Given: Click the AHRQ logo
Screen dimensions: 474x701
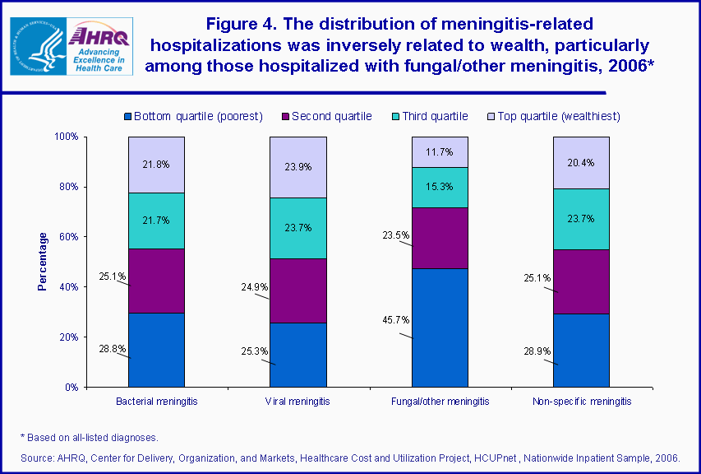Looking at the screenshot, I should pyautogui.click(x=99, y=46).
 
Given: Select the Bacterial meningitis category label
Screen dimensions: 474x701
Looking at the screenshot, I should pyautogui.click(x=156, y=402).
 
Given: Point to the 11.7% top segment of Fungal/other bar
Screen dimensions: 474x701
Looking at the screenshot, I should pyautogui.click(x=440, y=152).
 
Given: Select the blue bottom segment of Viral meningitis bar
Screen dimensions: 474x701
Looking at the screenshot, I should pyautogui.click(x=298, y=355).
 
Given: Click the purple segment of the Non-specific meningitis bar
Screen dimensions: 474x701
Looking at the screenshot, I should pyautogui.click(x=581, y=281).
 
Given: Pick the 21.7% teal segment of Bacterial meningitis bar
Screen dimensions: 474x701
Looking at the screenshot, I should pyautogui.click(x=156, y=221).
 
